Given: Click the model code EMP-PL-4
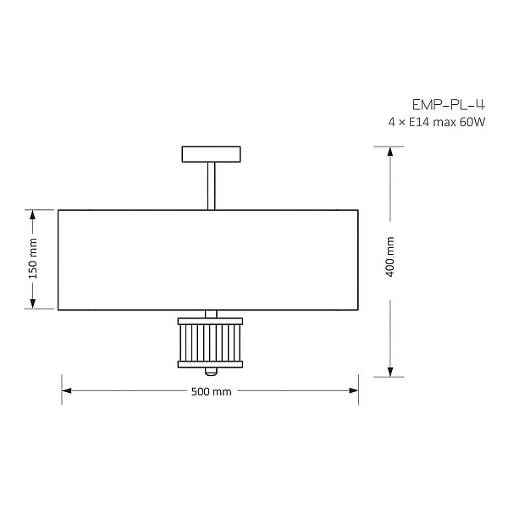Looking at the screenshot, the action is coord(449,105).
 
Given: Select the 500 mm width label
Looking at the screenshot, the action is coord(211,392).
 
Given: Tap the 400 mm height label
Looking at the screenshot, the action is coord(390,257).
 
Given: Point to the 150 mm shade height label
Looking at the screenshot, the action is coord(33,258).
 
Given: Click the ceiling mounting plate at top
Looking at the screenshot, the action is coord(211,154).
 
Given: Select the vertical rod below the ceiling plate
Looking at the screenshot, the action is coord(211,186).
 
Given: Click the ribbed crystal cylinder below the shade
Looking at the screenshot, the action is coord(210,343).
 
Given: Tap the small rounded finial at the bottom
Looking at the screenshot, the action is coord(211,372).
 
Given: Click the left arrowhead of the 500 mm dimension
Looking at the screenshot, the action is coord(66,390).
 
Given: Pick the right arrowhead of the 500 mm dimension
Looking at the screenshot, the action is coord(354,390).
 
